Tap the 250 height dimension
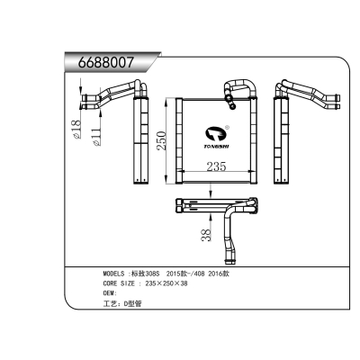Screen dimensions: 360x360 tap(163, 139)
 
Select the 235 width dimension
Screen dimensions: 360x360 tap(216, 165)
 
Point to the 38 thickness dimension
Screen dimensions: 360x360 tap(206, 236)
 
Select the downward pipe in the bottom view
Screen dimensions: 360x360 tap(235, 231)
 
